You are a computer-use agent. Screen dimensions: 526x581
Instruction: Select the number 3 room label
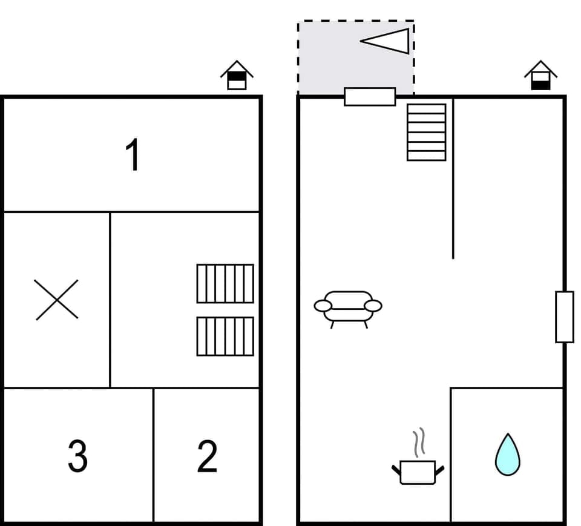tap(77, 456)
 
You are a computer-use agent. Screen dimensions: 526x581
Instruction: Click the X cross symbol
tap(56, 300)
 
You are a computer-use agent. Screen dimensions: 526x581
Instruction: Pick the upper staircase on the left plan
tap(225, 283)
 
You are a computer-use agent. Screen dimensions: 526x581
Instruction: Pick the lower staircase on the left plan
tap(225, 336)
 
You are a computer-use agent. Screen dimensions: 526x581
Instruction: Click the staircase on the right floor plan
tap(426, 132)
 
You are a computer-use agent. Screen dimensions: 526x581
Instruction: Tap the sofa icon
tap(348, 307)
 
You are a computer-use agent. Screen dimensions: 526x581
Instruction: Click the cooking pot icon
tap(418, 472)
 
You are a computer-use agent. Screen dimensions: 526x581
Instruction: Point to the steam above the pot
tap(419, 443)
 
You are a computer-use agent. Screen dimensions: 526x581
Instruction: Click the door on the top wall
tap(370, 97)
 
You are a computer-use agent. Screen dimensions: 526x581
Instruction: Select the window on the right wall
tap(564, 317)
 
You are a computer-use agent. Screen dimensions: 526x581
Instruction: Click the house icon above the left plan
tap(237, 76)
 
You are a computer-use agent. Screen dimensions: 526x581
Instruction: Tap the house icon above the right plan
tap(540, 76)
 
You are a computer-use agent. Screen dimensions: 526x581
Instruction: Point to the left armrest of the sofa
tap(323, 306)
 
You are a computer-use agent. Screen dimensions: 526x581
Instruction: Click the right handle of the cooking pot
tap(439, 469)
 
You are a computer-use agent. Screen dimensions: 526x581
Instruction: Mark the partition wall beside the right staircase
tap(453, 182)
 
